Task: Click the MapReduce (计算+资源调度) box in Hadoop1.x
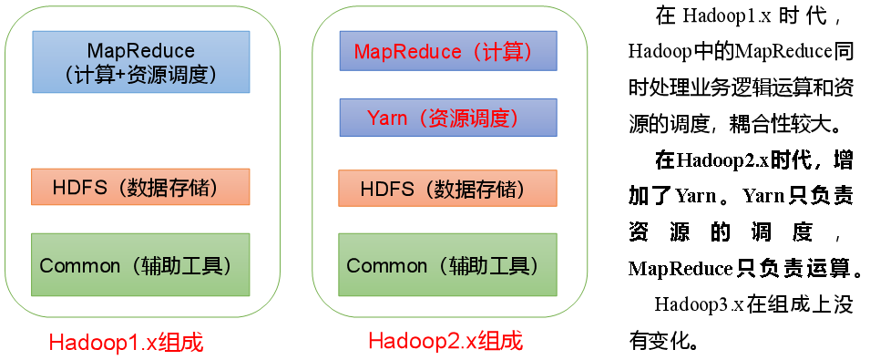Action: tap(141, 62)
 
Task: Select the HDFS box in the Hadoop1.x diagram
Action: tap(140, 187)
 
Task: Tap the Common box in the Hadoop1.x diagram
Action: tap(140, 264)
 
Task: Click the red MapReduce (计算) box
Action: tap(448, 52)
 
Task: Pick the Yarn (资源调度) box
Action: tap(448, 118)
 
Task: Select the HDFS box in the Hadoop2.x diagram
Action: tap(448, 189)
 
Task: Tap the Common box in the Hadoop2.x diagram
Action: tap(448, 264)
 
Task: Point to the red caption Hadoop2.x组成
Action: tap(445, 341)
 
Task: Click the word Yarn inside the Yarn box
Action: tap(387, 118)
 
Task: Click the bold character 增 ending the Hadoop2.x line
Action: tap(844, 161)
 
